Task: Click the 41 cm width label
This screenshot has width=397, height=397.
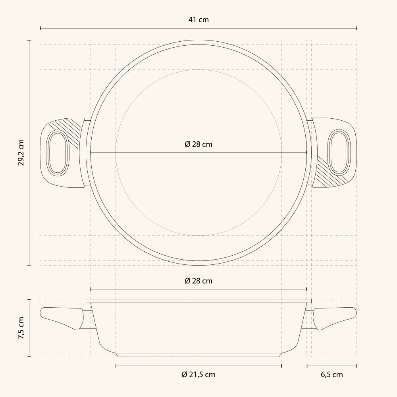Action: [x=198, y=20]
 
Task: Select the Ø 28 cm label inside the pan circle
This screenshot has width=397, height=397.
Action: [x=198, y=145]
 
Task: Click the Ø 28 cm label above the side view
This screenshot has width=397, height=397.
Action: [x=198, y=281]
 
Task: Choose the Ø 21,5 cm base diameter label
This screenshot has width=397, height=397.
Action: [x=198, y=374]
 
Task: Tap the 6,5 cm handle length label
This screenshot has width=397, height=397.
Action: [x=331, y=374]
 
